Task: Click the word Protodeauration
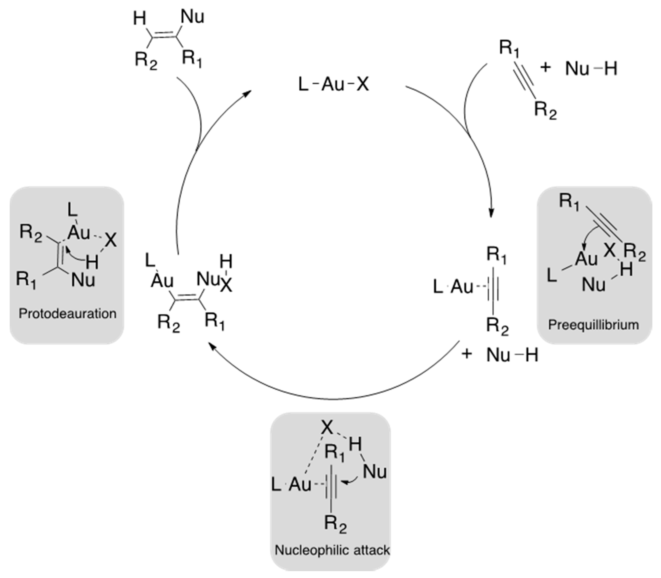67,314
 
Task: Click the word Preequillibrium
594,325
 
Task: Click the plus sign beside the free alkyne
545,68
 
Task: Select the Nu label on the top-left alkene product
192,17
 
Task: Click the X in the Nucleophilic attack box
327,428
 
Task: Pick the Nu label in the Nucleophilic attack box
375,472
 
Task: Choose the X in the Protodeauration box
111,240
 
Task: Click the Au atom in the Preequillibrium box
586,259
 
